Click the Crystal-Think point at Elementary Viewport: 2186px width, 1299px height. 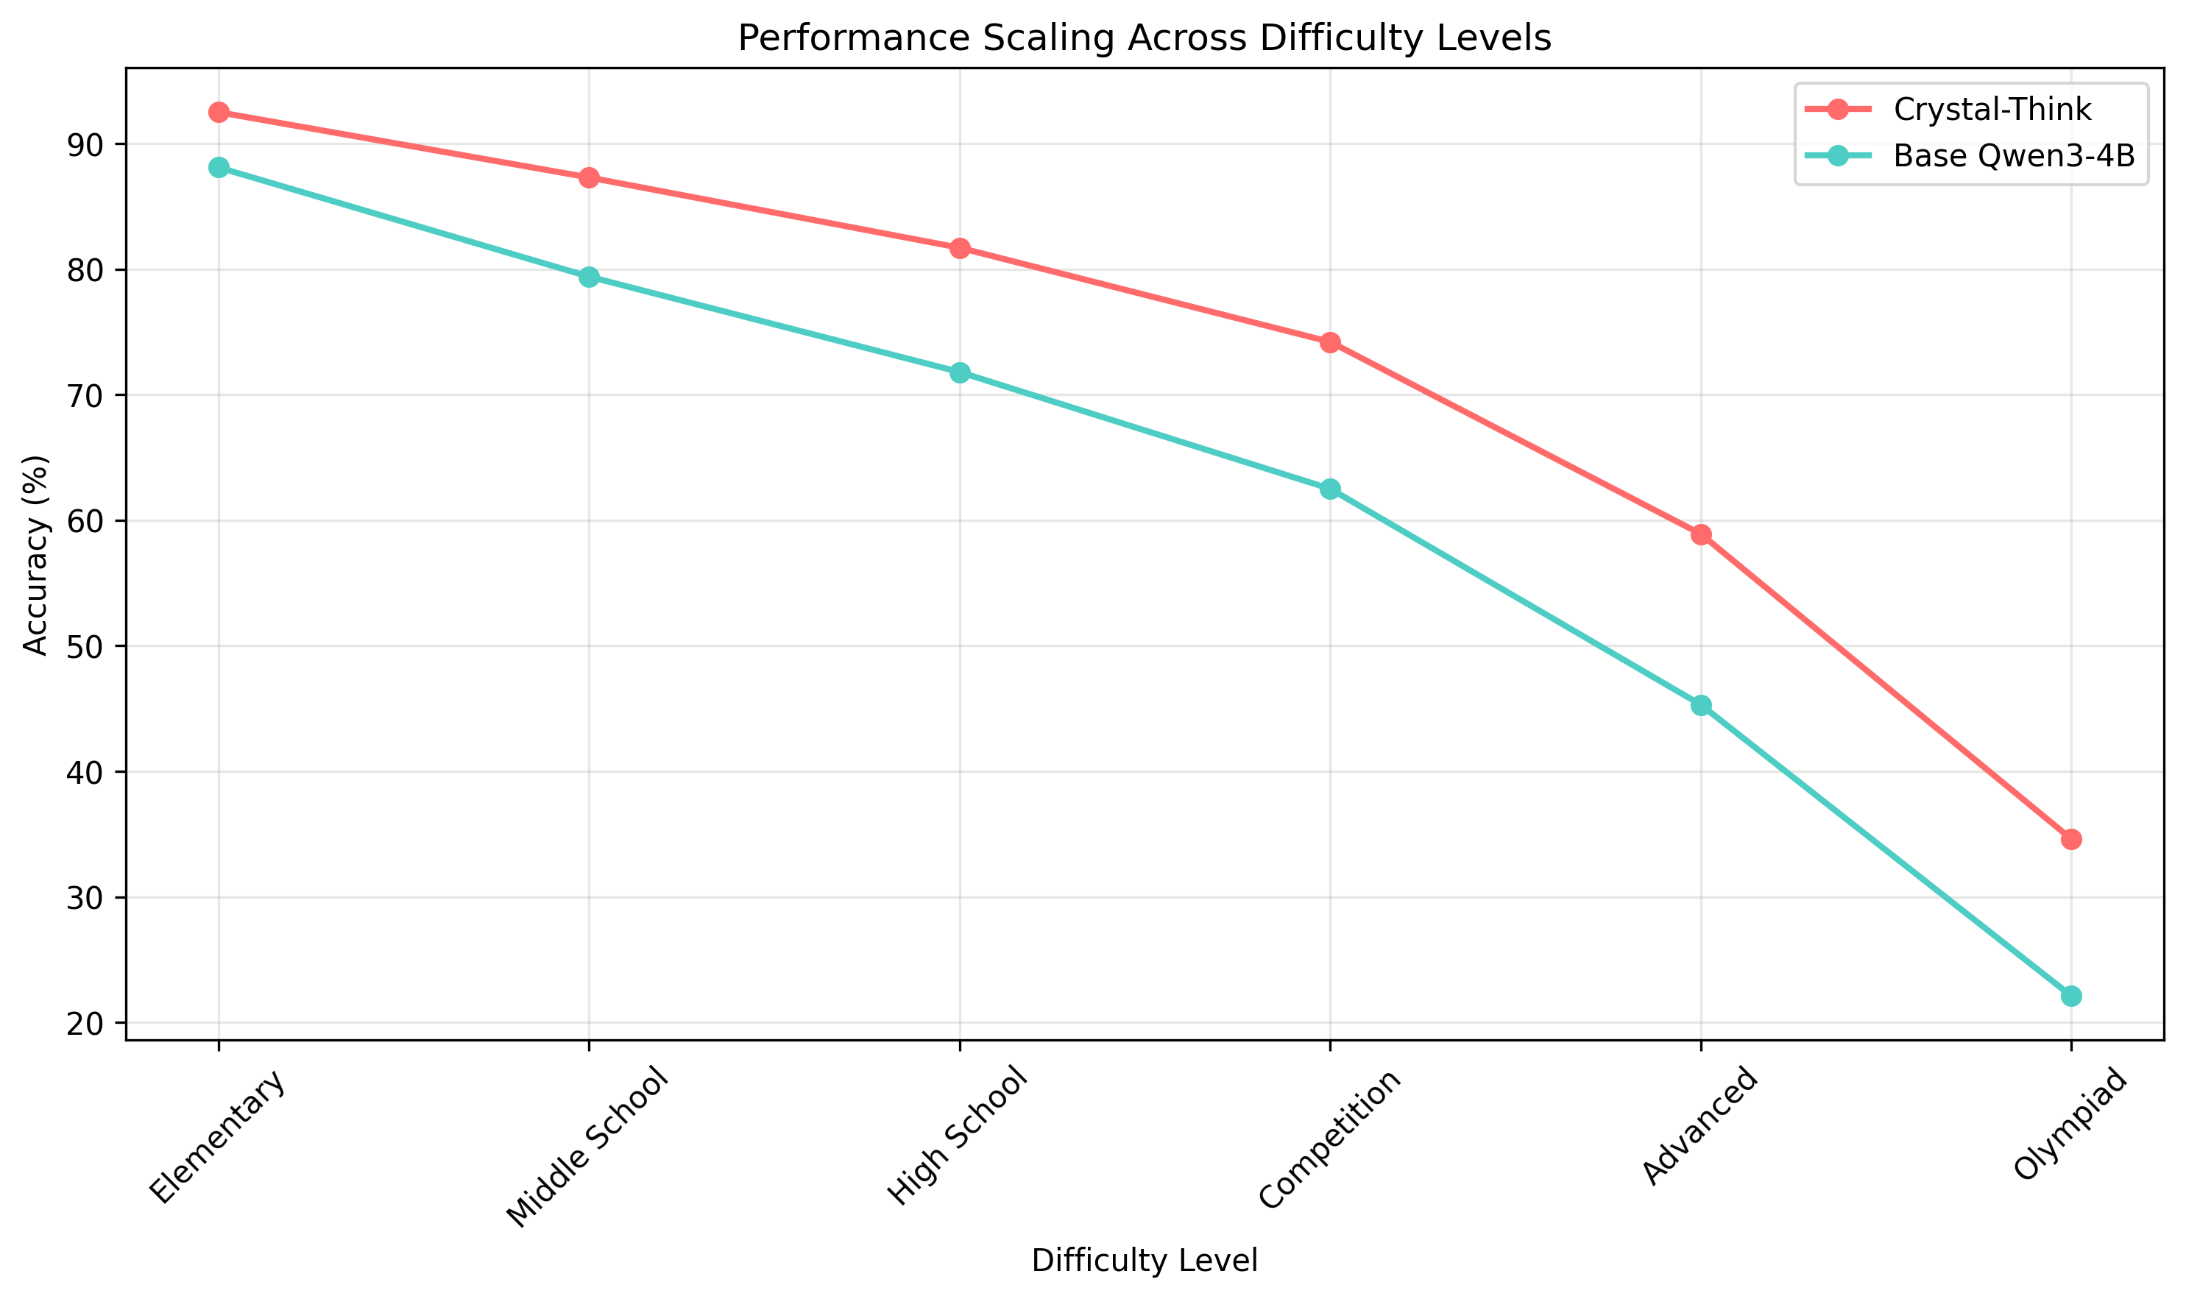pos(219,112)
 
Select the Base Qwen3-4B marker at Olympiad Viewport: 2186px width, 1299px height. pos(2071,996)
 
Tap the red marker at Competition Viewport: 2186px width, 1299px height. pos(1330,342)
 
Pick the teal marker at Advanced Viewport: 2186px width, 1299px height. pos(1701,706)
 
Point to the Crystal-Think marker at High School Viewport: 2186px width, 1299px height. pos(960,249)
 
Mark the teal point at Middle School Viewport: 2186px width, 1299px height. pos(589,277)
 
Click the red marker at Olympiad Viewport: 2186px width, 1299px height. pos(2071,840)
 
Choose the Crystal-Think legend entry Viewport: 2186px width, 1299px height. pos(1992,110)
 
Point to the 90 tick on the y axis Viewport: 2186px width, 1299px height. pos(83,144)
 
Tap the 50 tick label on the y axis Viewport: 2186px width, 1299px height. pos(83,647)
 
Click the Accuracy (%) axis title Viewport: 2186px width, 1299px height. pos(36,555)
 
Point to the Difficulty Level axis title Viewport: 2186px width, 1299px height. pos(1145,1261)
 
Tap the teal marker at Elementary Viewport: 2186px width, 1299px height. pos(219,168)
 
